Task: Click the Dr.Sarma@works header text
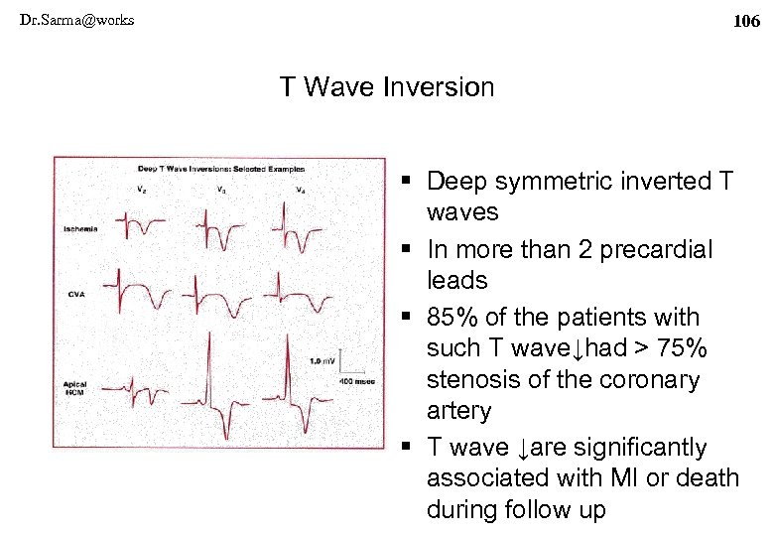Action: tap(76, 20)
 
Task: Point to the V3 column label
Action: tap(219, 189)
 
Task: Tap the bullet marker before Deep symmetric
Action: tap(409, 182)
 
